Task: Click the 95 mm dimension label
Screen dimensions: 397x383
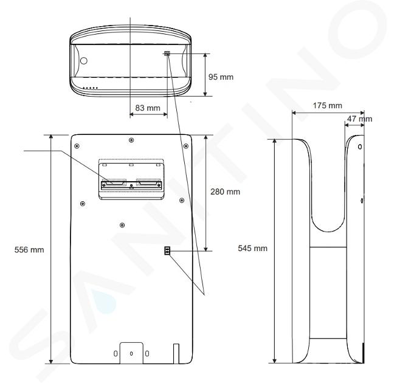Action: click(221, 77)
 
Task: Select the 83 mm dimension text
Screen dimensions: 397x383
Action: click(148, 108)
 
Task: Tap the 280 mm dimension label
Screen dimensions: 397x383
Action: click(225, 192)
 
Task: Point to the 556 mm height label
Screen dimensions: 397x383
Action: click(29, 250)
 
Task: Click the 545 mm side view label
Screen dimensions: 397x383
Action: click(252, 248)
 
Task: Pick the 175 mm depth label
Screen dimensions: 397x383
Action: click(327, 106)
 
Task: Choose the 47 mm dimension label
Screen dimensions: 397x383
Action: click(359, 119)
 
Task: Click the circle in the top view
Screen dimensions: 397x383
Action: click(83, 61)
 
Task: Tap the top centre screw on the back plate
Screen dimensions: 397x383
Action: click(131, 140)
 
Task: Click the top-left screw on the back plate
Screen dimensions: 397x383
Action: click(77, 146)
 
